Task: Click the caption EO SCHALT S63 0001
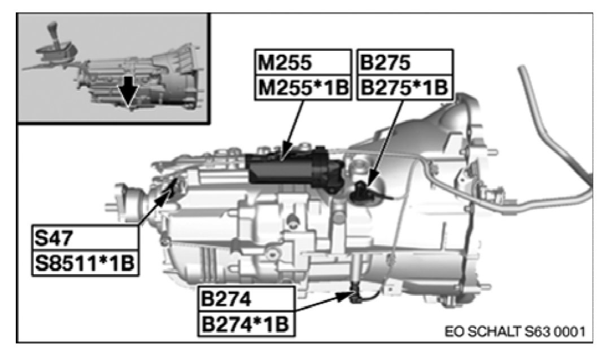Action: [x=514, y=329]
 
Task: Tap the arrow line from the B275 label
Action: [x=386, y=141]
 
